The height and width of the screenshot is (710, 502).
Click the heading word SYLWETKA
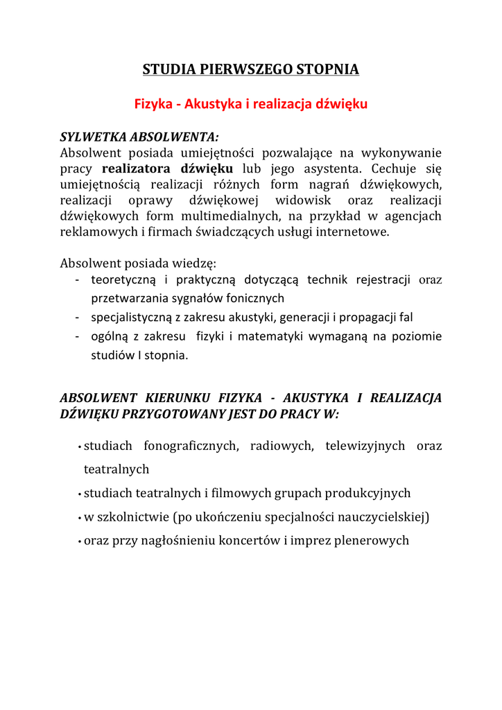(94, 136)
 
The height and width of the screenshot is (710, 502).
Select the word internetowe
(355, 232)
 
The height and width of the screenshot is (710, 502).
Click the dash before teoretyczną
(76, 280)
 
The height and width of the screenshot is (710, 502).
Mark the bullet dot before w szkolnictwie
(80, 518)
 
